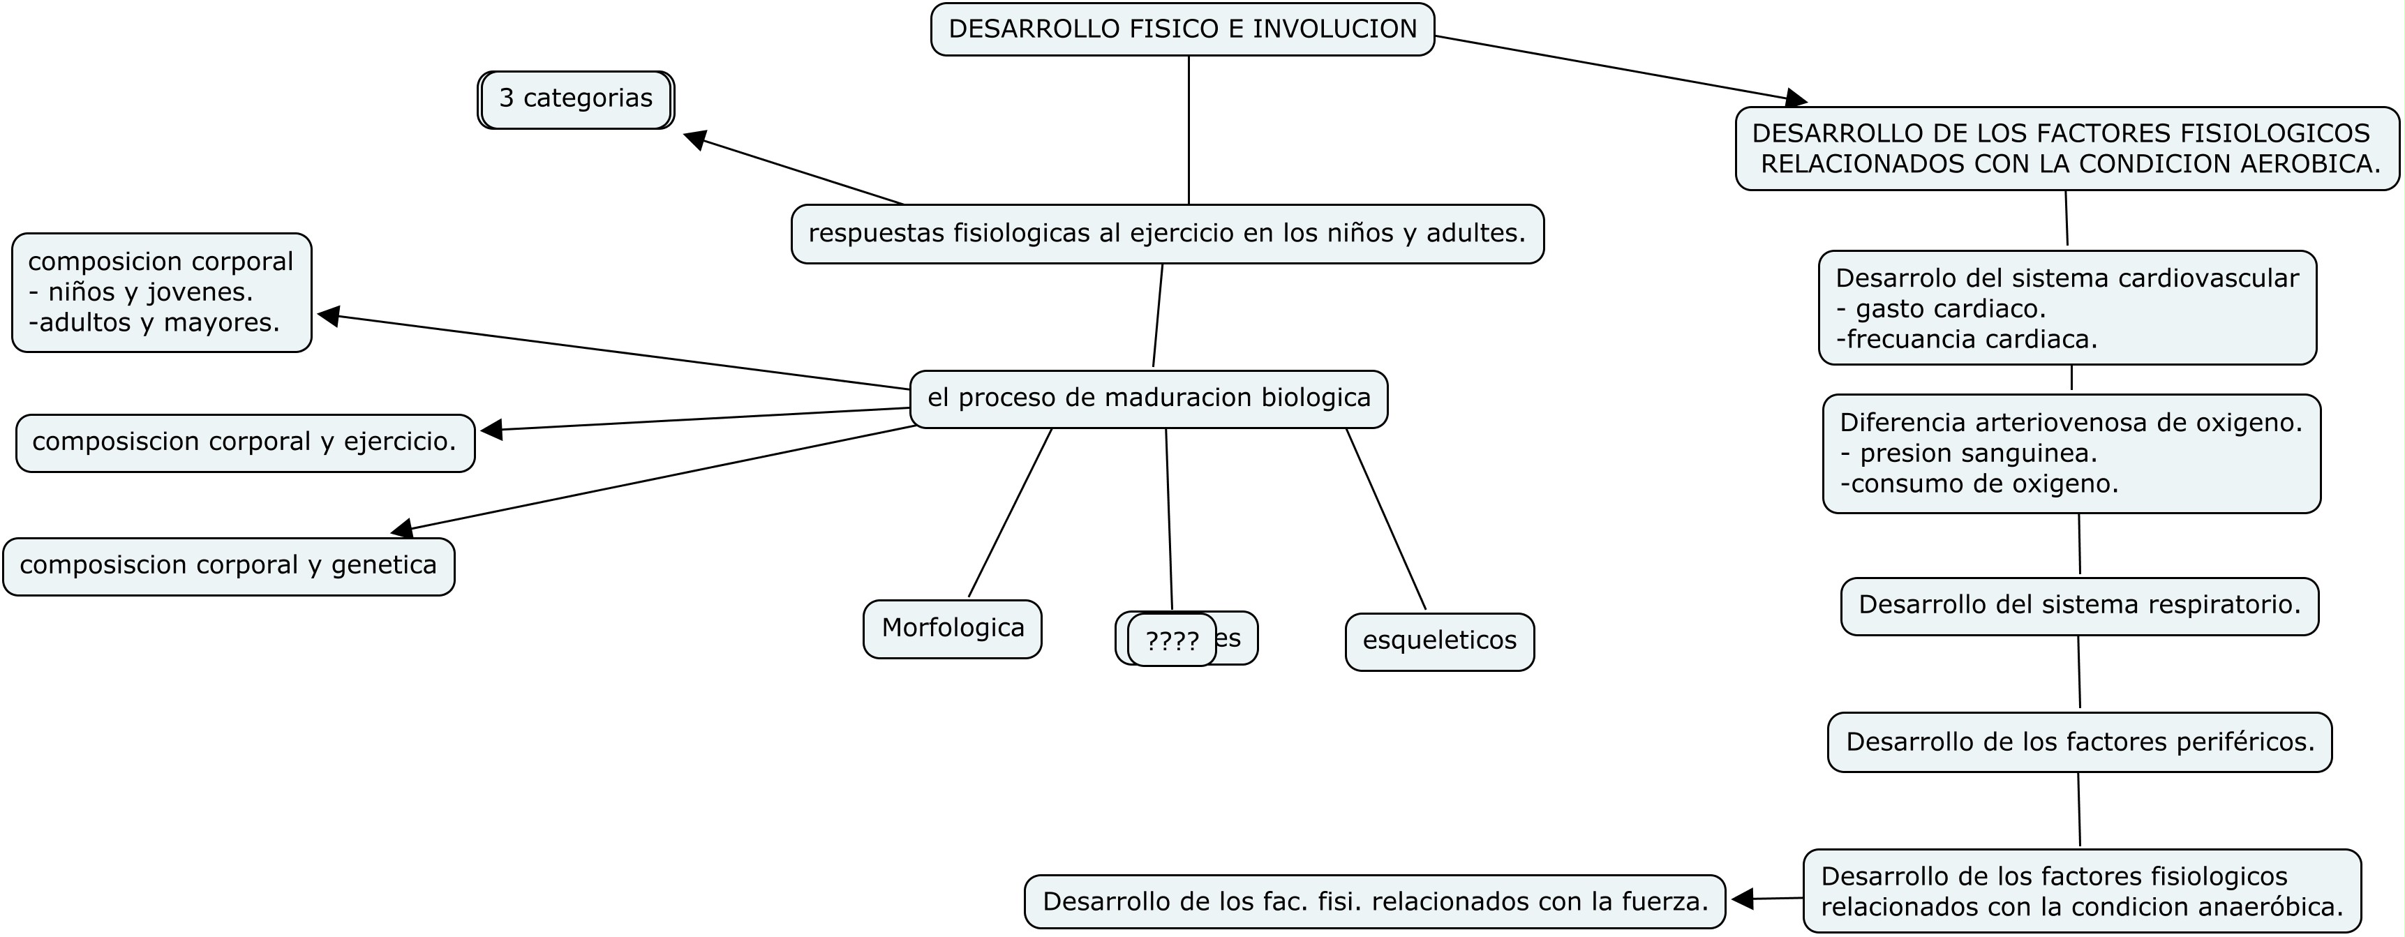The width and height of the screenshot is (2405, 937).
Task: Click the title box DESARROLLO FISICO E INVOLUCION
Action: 1182,29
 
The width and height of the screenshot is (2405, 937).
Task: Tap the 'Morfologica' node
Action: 952,628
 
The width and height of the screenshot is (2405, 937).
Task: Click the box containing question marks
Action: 1172,641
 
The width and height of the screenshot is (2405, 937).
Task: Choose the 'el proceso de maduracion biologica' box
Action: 1148,398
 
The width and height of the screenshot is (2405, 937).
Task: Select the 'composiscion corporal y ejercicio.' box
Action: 244,442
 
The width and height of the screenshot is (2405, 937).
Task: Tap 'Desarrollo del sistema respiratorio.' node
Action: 2079,606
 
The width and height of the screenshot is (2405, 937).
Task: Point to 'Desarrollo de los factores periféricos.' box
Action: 2080,743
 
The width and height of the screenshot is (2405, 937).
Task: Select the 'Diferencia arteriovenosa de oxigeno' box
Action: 2071,453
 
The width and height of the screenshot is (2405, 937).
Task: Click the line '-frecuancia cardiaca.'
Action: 1966,340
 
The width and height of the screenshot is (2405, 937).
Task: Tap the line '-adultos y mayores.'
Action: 154,323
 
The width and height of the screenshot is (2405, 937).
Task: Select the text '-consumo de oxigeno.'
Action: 1979,484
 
